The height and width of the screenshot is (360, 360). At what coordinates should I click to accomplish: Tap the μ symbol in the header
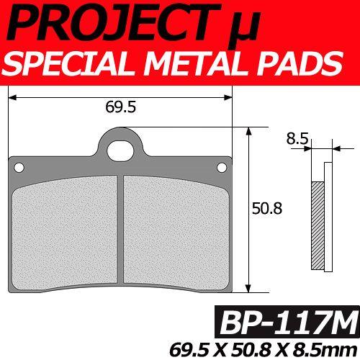pyautogui.click(x=243, y=27)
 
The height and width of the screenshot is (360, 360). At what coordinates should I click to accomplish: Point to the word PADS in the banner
pyautogui.click(x=300, y=63)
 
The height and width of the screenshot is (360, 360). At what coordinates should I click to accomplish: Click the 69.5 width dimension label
pyautogui.click(x=121, y=107)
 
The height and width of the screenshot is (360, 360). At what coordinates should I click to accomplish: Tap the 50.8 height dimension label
pyautogui.click(x=267, y=208)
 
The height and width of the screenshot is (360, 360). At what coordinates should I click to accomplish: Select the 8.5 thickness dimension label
pyautogui.click(x=297, y=138)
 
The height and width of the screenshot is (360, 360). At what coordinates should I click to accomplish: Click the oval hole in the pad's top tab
pyautogui.click(x=120, y=151)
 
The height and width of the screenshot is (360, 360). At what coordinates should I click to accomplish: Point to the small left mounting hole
pyautogui.click(x=19, y=167)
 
